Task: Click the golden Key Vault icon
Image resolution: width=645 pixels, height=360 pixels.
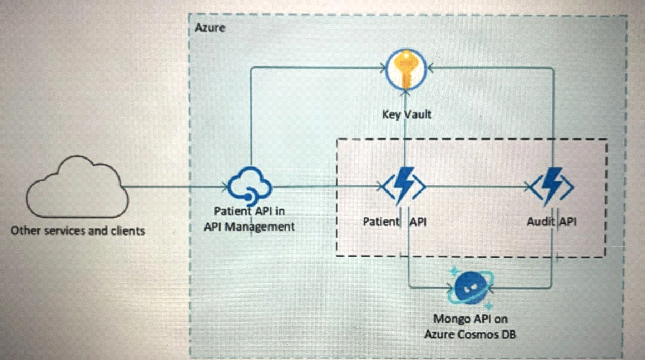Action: pyautogui.click(x=406, y=70)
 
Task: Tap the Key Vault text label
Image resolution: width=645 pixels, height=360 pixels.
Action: pyautogui.click(x=407, y=114)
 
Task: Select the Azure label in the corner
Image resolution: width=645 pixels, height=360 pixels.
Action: pyautogui.click(x=210, y=27)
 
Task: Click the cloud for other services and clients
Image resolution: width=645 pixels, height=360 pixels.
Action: pyautogui.click(x=77, y=188)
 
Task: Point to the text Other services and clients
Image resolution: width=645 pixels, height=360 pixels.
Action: pyautogui.click(x=78, y=231)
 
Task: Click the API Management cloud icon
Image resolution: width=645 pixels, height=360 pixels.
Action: pyautogui.click(x=250, y=185)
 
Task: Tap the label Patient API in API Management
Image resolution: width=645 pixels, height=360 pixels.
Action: pyautogui.click(x=249, y=219)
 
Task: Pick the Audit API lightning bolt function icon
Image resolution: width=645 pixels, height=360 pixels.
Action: pyautogui.click(x=552, y=186)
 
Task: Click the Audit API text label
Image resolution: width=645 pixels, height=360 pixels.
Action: pyautogui.click(x=552, y=222)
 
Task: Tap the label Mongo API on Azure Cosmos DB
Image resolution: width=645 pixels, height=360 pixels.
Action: pyautogui.click(x=470, y=327)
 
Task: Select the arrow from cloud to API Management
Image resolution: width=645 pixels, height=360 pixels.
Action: pyautogui.click(x=176, y=187)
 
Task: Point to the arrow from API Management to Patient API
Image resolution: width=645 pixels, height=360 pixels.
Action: pyautogui.click(x=327, y=187)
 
